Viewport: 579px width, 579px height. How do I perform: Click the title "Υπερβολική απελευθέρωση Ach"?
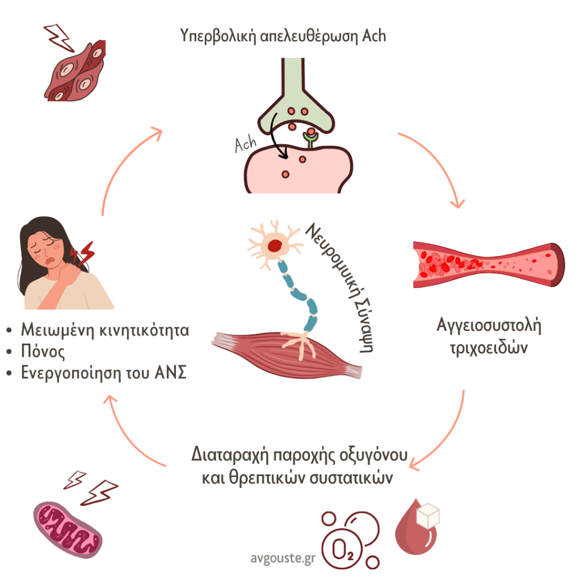click(283, 36)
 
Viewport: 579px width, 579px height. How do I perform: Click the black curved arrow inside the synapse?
click(278, 133)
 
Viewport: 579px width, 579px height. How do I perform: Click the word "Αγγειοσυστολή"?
click(489, 327)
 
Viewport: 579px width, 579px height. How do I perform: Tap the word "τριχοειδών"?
click(489, 347)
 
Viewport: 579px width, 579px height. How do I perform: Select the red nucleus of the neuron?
click(275, 245)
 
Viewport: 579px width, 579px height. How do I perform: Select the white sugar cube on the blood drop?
click(427, 516)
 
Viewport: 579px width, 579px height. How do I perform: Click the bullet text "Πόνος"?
click(42, 352)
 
